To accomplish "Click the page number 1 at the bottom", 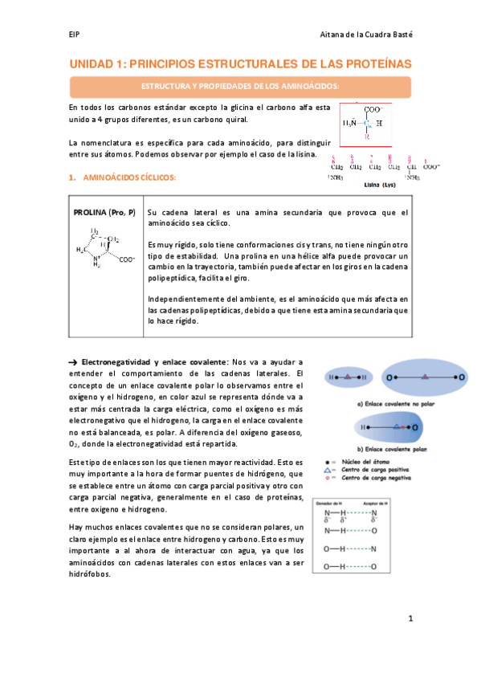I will pos(410,619).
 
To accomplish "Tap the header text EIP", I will pos(74,35).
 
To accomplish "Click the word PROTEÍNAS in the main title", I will pos(370,63).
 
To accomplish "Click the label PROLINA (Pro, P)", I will pos(104,211).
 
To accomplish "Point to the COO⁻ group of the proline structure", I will pos(126,259).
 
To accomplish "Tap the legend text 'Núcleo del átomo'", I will pos(362,463).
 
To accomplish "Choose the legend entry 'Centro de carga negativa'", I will pos(370,479).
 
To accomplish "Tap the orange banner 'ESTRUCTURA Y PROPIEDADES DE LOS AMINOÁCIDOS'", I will pos(240,86).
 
